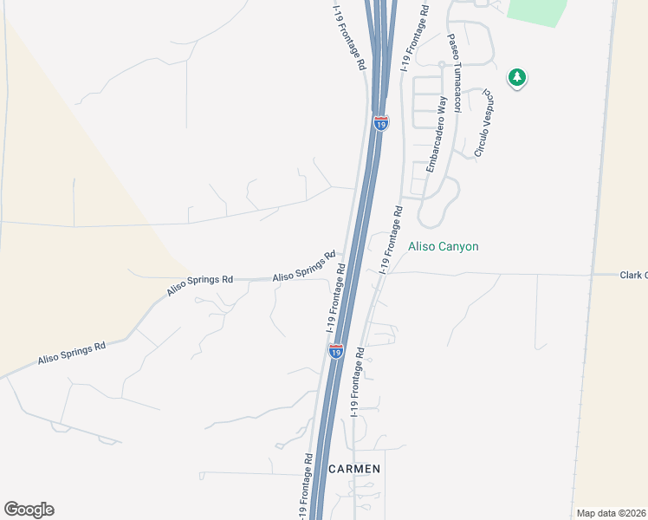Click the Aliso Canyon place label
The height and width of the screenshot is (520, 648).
[443, 247]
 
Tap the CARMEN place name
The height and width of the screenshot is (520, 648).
[355, 469]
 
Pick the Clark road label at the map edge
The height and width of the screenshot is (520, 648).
[633, 275]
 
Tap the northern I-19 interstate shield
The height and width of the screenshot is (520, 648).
[380, 123]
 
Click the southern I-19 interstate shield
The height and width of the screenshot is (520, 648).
[336, 350]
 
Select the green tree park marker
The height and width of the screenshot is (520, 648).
[517, 78]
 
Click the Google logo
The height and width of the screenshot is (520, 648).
[29, 510]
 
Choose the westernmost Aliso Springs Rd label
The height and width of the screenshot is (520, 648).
[71, 352]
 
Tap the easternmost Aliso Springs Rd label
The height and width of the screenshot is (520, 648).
[303, 266]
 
